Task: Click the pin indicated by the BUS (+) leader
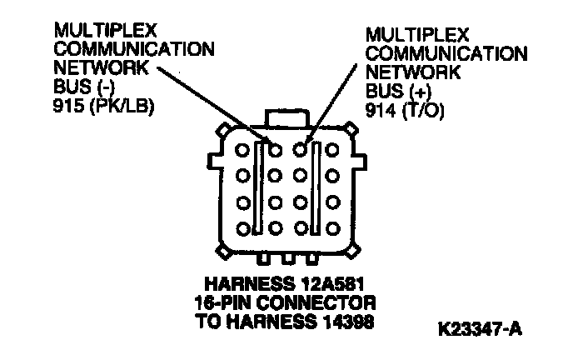pos(301,151)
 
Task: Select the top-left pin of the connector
pos(243,151)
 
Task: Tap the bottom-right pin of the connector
pos(333,227)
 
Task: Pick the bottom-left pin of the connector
pos(243,227)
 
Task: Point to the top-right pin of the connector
pos(333,151)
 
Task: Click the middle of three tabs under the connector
pos(288,257)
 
